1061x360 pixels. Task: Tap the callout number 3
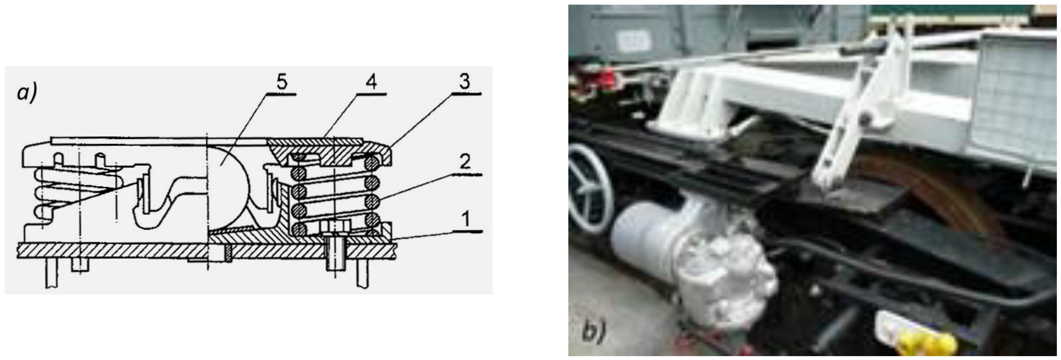pos(464,82)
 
